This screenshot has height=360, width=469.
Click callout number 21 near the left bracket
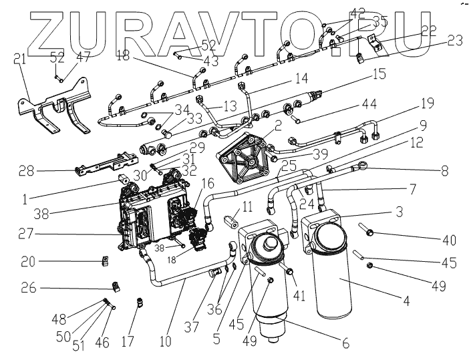[x=21, y=59]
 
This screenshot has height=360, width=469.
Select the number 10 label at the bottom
[x=165, y=341]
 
